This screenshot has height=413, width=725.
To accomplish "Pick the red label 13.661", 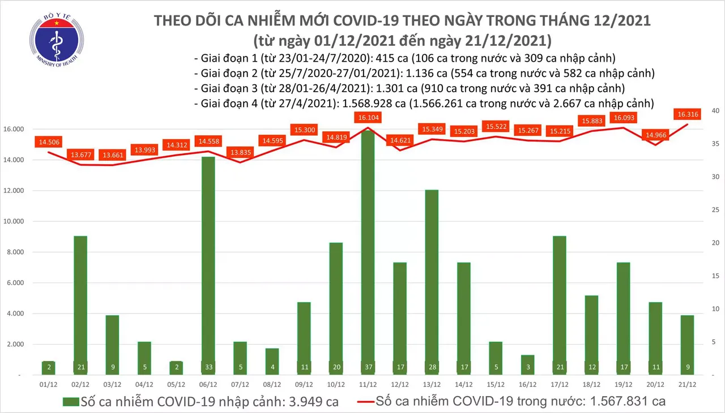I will (112, 154).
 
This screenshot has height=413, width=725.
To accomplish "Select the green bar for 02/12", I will (81, 306).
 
